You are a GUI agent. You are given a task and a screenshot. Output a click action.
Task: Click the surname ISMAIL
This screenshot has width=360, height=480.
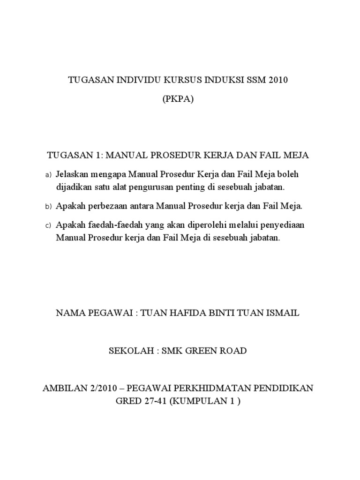click(x=282, y=313)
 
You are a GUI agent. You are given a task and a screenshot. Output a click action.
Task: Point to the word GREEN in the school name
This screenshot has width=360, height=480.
click(x=203, y=351)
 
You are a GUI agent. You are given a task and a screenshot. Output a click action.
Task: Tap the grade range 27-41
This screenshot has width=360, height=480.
click(x=148, y=402)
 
